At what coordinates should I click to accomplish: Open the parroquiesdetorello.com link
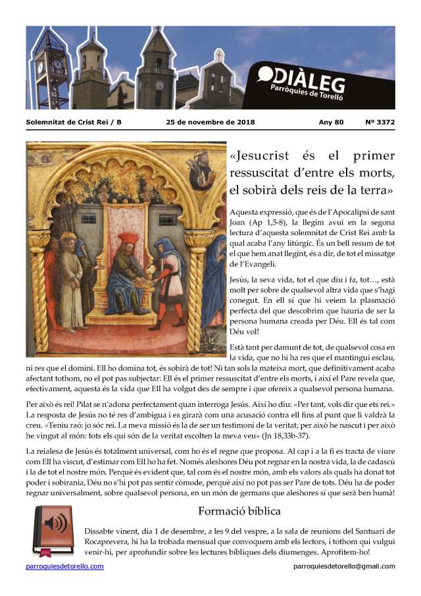(x=64, y=566)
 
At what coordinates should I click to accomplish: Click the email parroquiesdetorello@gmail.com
(x=344, y=566)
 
